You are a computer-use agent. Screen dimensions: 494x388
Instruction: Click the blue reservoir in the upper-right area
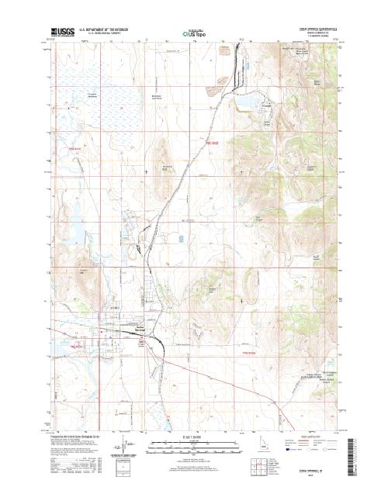point(249,101)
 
